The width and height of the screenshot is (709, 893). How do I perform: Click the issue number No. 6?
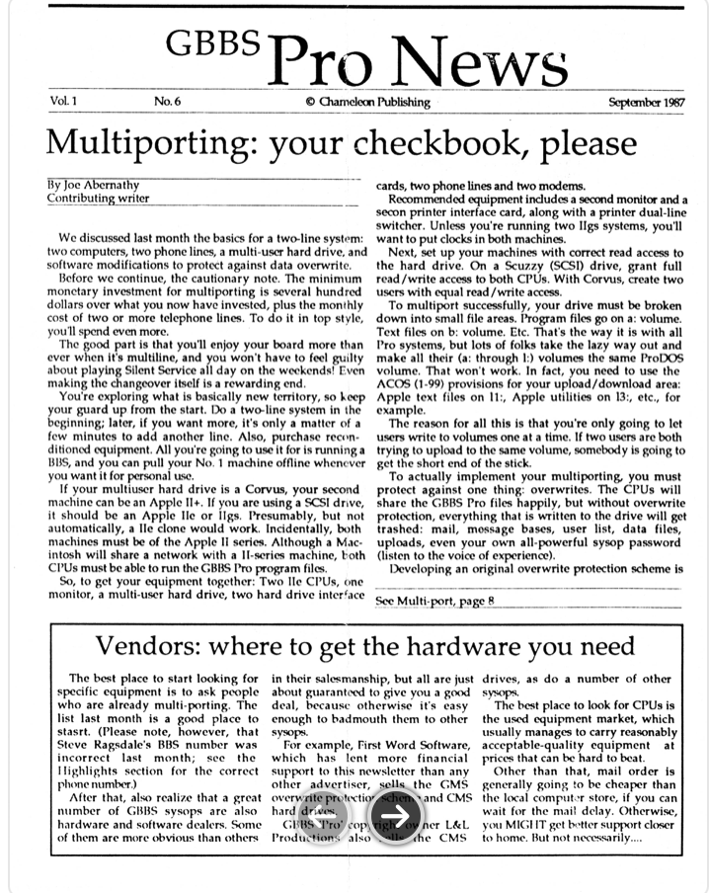coord(167,102)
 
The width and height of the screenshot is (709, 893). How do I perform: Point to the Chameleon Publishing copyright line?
coord(367,102)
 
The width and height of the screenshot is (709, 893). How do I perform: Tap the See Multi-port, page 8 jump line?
coord(434,604)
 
